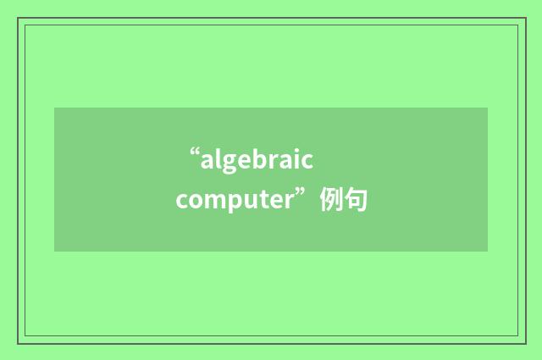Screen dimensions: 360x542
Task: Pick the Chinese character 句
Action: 356,201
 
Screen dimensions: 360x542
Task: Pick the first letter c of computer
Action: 182,202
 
